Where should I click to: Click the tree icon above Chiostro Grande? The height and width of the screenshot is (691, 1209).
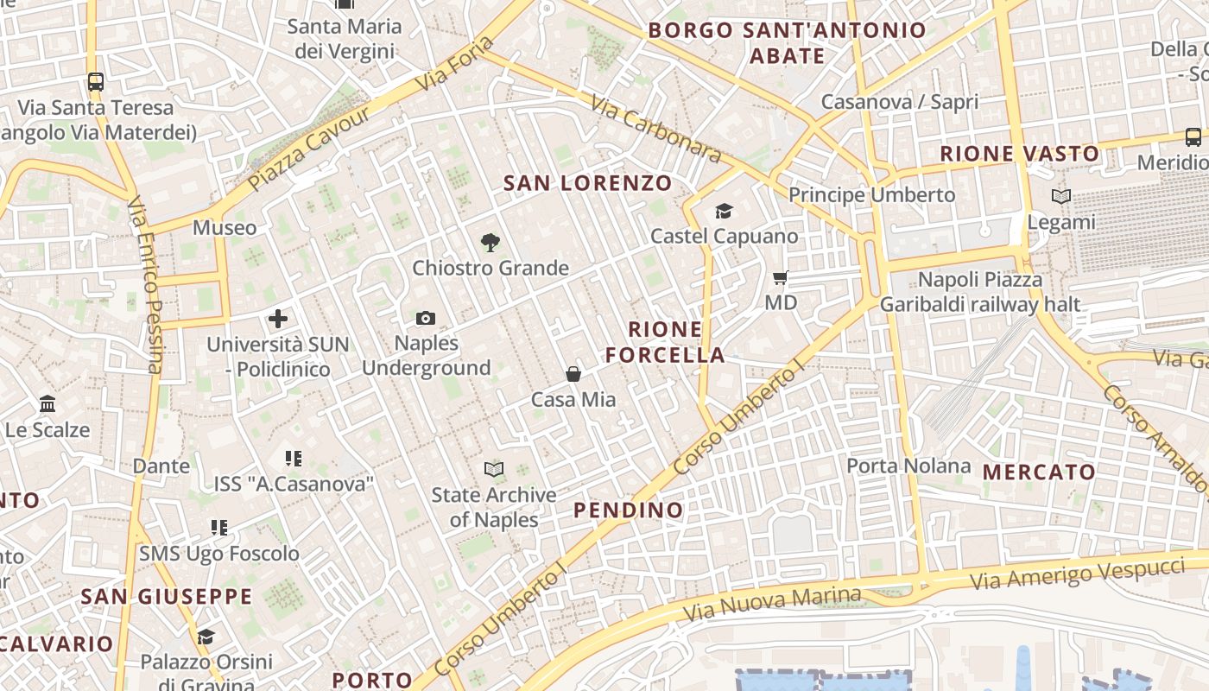point(491,243)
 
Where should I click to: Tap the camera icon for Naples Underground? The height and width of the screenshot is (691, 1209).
point(425,319)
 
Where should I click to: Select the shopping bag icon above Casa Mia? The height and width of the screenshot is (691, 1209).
point(573,374)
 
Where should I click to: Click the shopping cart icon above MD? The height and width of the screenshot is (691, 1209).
point(781,278)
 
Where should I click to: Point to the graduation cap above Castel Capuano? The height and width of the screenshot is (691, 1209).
point(724,211)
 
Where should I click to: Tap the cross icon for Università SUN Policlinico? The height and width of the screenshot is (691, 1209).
point(278,319)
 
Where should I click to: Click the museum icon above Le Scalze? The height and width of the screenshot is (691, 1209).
point(47,404)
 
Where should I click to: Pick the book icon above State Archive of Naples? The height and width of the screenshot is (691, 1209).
point(494,470)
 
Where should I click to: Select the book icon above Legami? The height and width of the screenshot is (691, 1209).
point(1061,197)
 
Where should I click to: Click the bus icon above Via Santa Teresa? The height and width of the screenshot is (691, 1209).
point(96,83)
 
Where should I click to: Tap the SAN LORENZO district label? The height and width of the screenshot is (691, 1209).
point(587,183)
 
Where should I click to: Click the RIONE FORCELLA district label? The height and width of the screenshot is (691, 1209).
point(665,342)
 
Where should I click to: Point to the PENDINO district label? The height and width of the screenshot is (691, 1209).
point(629,510)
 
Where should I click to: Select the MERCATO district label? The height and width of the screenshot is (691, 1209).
point(1039,472)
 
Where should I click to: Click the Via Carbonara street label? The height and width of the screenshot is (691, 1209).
point(655,129)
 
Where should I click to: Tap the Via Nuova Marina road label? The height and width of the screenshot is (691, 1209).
point(772,604)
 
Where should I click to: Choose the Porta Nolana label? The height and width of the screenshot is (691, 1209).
point(908,466)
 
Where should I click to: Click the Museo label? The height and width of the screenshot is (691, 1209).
point(225,228)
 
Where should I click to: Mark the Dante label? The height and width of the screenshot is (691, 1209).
point(161,466)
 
